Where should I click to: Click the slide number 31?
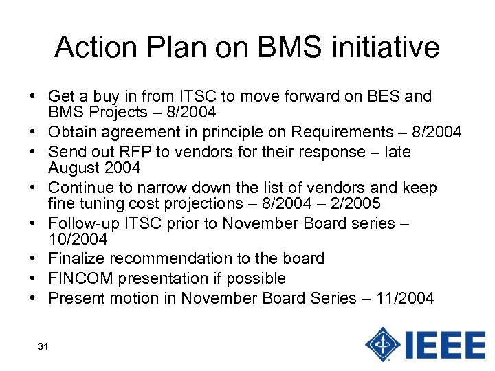pos(43,346)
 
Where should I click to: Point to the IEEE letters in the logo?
pos(445,345)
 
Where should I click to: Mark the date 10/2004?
pos(78,240)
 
